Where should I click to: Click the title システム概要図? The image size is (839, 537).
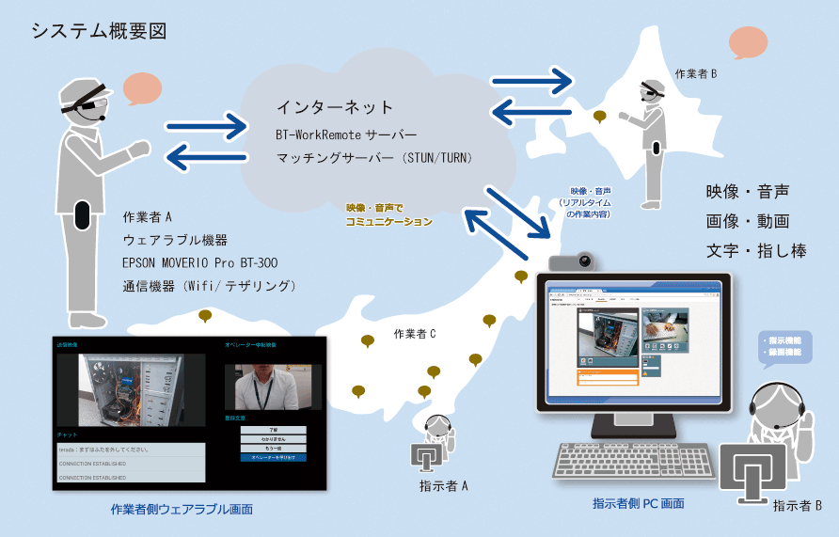click(99, 31)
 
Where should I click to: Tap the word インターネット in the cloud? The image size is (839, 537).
click(334, 106)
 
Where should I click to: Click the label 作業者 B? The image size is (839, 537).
click(696, 73)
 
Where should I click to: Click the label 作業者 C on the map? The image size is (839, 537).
click(414, 334)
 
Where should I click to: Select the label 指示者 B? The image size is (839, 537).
click(798, 506)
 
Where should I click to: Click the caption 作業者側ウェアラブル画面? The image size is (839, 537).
click(182, 509)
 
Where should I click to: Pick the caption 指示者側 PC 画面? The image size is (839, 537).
click(638, 504)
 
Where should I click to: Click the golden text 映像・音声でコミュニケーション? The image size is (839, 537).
click(388, 215)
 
